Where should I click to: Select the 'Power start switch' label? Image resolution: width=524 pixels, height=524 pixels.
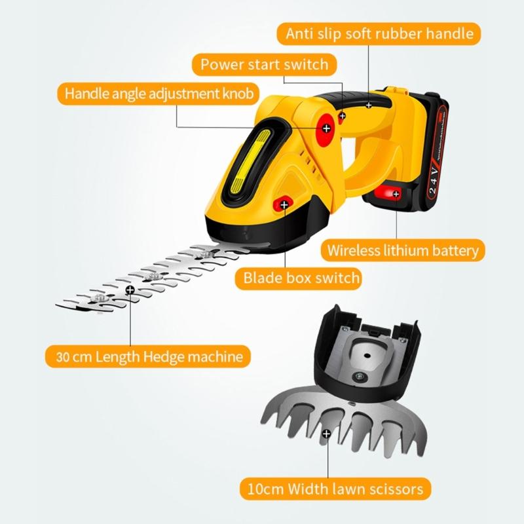point(264,64)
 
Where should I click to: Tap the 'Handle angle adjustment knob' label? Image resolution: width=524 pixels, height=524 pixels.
point(158,93)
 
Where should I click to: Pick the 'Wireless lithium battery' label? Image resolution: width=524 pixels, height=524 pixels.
point(403,250)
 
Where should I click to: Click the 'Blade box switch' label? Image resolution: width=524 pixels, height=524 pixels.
point(302,278)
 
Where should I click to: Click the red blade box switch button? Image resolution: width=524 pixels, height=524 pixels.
point(284,204)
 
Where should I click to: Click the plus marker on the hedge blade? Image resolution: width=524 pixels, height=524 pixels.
point(130,289)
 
